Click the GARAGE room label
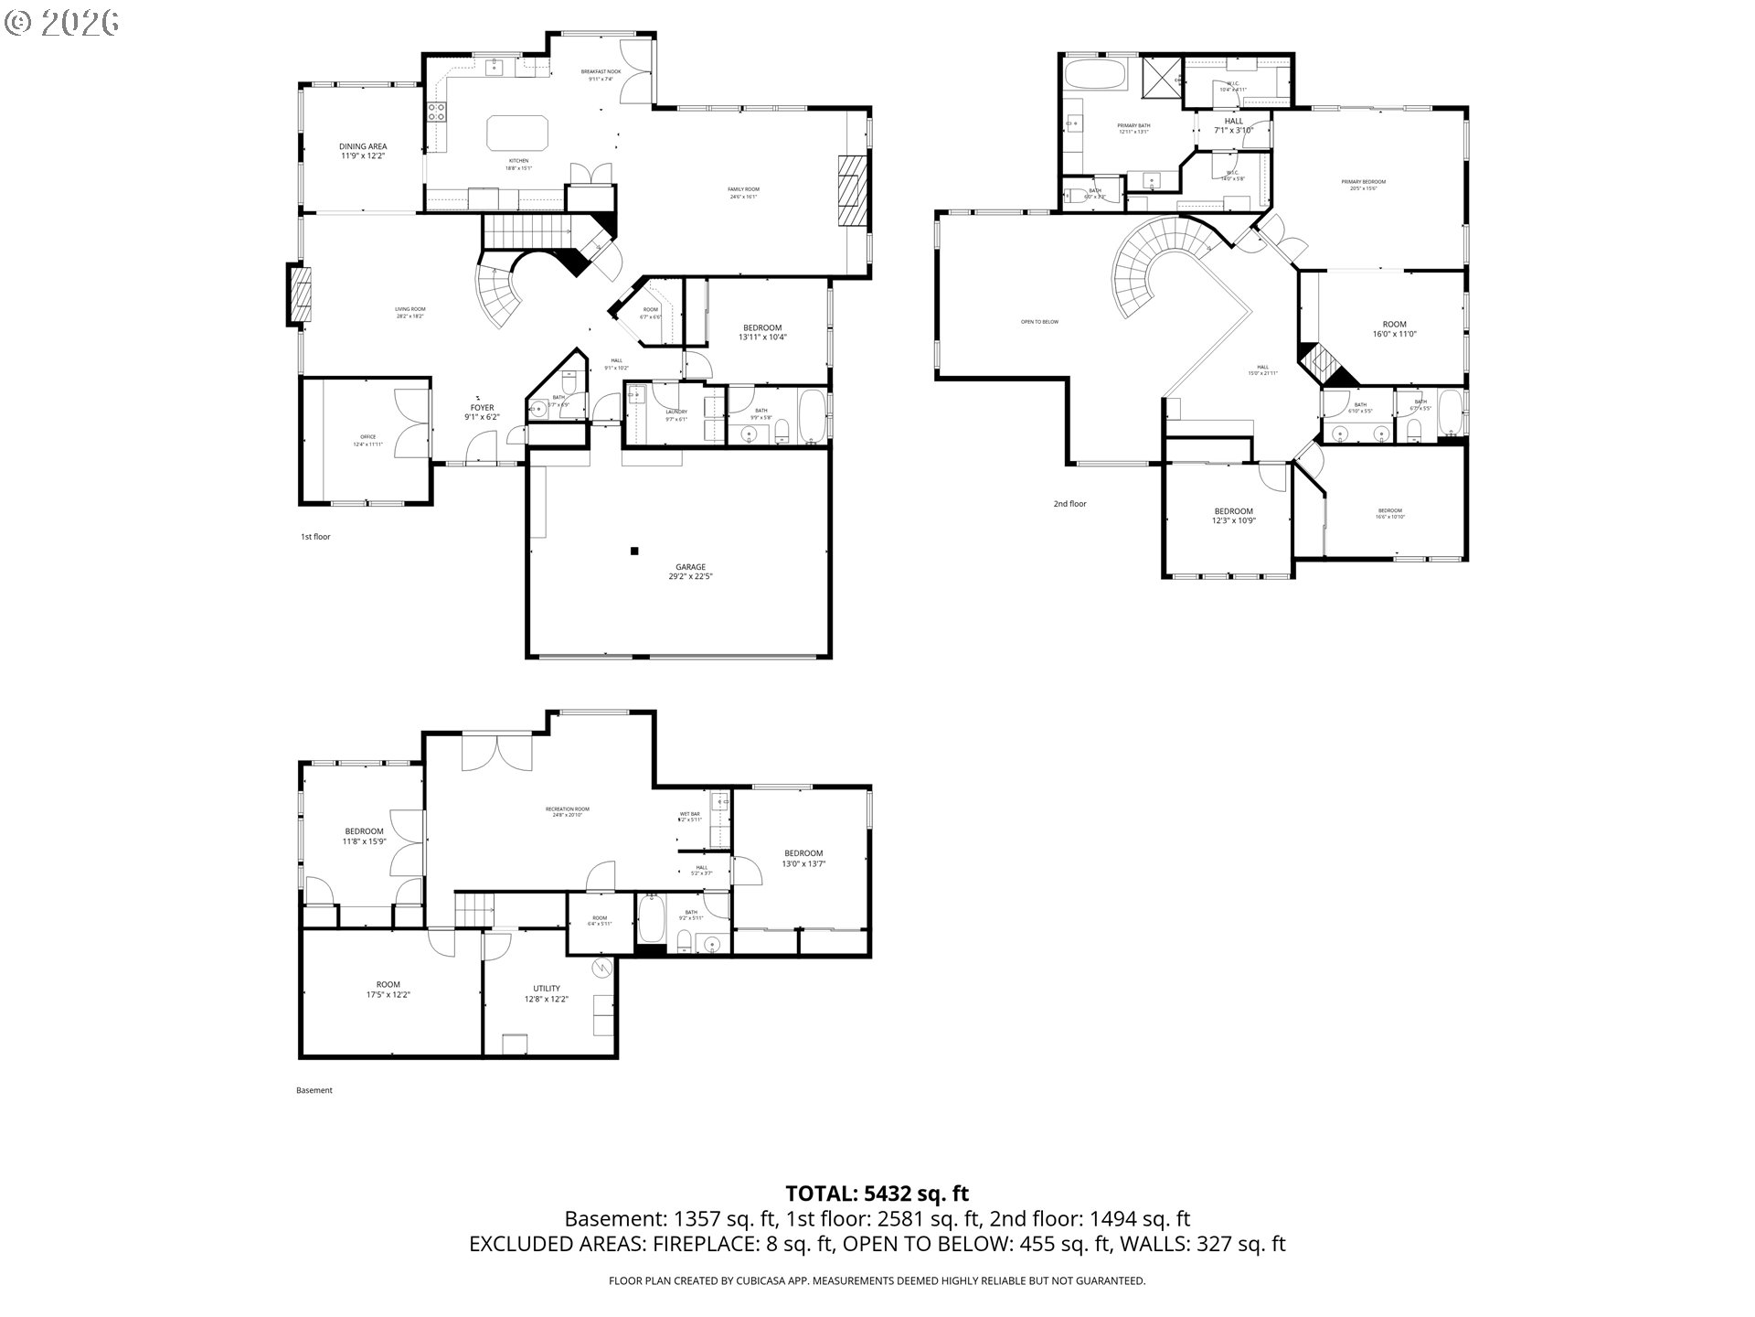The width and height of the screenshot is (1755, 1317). pyautogui.click(x=690, y=572)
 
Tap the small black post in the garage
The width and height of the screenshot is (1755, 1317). pyautogui.click(x=633, y=551)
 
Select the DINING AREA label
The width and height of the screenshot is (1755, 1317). pyautogui.click(x=363, y=151)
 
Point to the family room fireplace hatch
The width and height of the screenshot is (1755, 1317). pyautogui.click(x=850, y=189)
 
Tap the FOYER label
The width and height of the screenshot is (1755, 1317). pyautogui.click(x=482, y=412)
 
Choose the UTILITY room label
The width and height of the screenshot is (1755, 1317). pyautogui.click(x=547, y=993)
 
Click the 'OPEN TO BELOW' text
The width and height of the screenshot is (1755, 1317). pyautogui.click(x=1039, y=322)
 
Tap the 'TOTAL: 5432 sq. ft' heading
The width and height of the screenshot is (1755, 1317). pyautogui.click(x=877, y=1194)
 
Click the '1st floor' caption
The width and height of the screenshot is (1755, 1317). pyautogui.click(x=315, y=537)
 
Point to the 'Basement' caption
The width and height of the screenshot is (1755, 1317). pyautogui.click(x=314, y=1090)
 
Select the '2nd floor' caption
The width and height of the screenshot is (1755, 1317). pyautogui.click(x=1069, y=504)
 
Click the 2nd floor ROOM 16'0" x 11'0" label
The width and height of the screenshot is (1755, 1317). pyautogui.click(x=1394, y=329)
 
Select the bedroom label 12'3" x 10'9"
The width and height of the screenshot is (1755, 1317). pyautogui.click(x=1233, y=516)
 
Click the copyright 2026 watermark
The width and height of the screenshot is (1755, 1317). pyautogui.click(x=62, y=22)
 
